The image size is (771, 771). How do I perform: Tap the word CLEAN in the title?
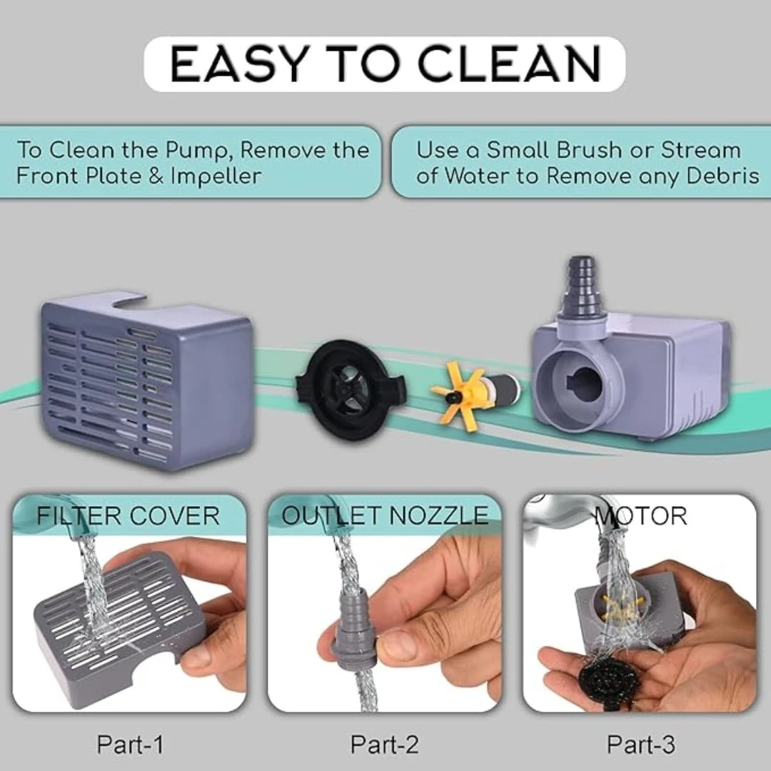pos(510,64)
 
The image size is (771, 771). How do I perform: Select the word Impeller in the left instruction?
pos(216,176)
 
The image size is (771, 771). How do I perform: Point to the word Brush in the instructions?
pos(588,150)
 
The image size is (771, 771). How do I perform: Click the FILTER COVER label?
pos(128,516)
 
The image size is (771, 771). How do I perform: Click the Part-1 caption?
pos(130,744)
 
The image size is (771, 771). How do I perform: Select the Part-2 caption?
pos(385,744)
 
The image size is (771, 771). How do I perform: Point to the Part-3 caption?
pos(641,744)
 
